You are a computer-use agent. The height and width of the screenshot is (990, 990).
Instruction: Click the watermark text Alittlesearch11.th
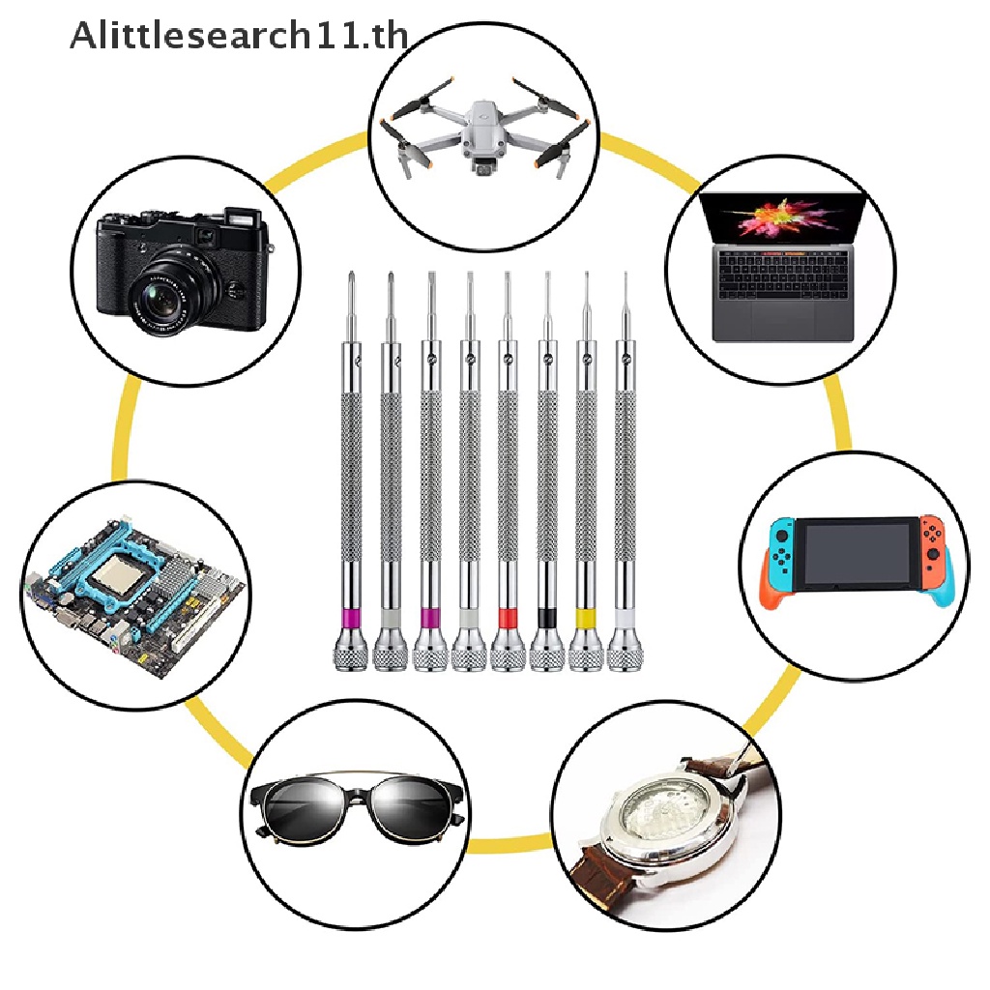tap(239, 36)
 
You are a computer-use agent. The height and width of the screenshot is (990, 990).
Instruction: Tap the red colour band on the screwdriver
tap(509, 618)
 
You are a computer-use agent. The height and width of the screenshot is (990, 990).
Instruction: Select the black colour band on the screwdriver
tap(547, 618)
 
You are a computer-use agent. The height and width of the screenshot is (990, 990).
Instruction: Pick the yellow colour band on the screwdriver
tap(586, 618)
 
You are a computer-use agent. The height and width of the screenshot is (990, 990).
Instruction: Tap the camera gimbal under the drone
tap(483, 166)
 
